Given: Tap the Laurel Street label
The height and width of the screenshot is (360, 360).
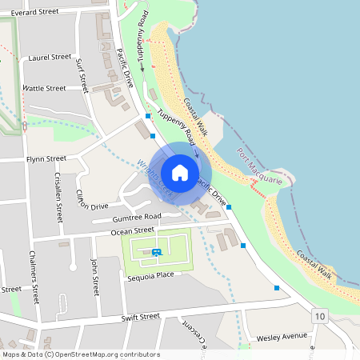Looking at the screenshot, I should click(50, 58).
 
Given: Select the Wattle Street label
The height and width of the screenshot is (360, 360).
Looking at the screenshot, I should click(44, 88).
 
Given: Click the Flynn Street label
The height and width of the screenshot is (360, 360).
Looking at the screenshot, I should click(46, 158).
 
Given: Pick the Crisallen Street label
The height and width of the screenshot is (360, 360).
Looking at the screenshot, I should click(58, 197).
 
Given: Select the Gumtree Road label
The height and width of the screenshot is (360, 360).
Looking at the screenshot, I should click(137, 217).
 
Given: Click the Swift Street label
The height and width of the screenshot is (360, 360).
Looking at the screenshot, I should click(130, 317).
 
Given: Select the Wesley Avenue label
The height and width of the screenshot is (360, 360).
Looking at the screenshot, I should click(282, 337).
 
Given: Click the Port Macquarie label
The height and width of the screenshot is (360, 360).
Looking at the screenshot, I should click(260, 167).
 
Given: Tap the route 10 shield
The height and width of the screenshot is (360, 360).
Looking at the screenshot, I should click(320, 316).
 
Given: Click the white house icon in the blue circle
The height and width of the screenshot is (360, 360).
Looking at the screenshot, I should click(180, 173).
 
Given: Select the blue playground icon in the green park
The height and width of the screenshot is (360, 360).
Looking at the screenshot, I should click(156, 253).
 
